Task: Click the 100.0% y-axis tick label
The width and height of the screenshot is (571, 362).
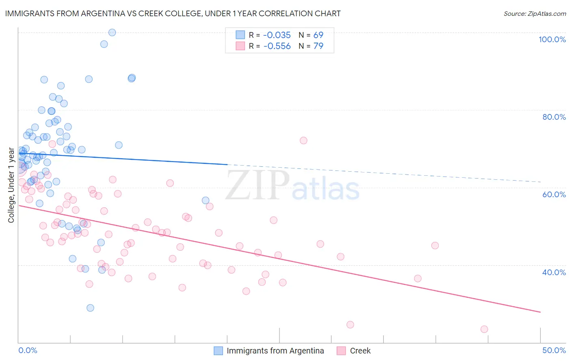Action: (x=552, y=39)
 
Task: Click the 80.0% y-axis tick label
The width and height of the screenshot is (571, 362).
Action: (x=554, y=117)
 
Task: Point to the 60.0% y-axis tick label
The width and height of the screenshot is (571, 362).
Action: (x=554, y=194)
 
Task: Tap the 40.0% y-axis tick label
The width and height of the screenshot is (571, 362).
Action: (x=554, y=272)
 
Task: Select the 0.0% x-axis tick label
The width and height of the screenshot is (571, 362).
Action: (x=28, y=350)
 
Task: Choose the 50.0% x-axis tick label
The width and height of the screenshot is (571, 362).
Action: (x=554, y=350)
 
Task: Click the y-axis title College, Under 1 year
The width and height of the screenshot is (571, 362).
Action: (x=11, y=185)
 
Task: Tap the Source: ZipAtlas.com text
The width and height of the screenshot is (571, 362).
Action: (x=534, y=13)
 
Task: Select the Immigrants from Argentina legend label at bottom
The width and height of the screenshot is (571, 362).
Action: (x=275, y=351)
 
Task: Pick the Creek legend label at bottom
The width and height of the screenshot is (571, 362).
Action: (x=360, y=351)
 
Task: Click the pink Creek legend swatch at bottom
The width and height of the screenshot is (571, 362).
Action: (x=341, y=351)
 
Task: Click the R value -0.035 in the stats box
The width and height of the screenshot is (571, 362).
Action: (x=277, y=35)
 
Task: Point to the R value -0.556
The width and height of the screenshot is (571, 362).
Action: (x=277, y=46)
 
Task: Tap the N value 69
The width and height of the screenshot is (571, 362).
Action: (x=318, y=35)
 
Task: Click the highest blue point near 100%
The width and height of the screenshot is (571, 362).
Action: (x=112, y=32)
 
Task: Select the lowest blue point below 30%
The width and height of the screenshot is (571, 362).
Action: (x=90, y=308)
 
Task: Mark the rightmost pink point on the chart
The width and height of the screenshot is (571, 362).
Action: (x=484, y=329)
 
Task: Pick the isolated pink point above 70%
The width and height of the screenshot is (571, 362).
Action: (x=303, y=140)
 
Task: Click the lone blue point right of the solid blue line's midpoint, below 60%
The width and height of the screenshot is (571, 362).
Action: (x=205, y=200)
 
